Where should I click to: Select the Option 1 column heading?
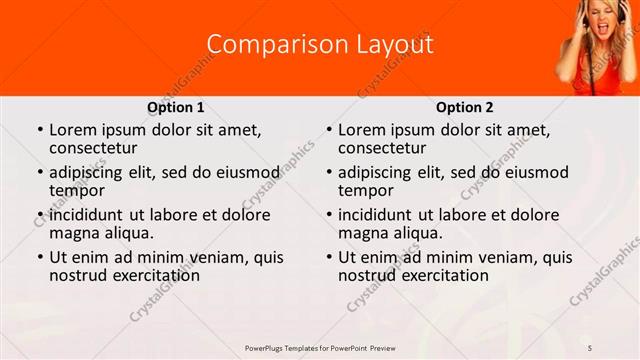[175, 107]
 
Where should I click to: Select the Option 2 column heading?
[464, 107]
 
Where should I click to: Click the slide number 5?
[590, 347]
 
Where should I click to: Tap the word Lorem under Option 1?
[72, 129]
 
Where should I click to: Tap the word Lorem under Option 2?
[361, 129]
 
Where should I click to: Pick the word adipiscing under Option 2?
[376, 172]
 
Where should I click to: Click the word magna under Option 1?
[74, 233]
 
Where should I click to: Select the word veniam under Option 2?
[508, 257]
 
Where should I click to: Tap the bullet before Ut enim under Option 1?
[39, 257]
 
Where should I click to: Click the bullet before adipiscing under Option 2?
[328, 172]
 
